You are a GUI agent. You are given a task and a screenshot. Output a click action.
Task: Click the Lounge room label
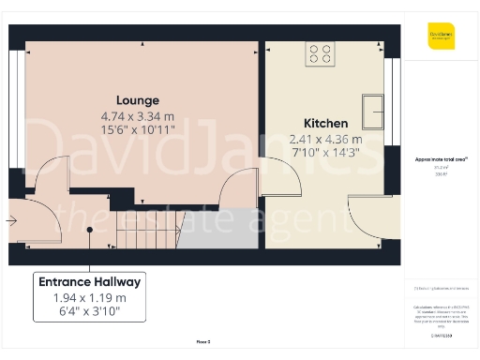(138, 100)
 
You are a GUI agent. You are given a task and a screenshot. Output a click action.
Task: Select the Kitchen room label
(326, 124)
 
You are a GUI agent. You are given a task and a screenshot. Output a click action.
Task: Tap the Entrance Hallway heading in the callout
(89, 281)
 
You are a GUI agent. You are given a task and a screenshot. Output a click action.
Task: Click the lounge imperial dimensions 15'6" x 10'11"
(138, 130)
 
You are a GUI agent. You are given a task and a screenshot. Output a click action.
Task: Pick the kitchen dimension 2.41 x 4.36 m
(326, 140)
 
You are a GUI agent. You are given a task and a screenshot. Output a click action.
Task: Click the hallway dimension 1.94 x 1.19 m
(89, 297)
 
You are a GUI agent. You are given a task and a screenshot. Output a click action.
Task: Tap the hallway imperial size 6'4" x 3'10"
(89, 312)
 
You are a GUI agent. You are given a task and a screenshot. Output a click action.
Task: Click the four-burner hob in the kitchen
(320, 54)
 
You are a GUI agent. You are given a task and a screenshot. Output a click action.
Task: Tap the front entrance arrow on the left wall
(11, 221)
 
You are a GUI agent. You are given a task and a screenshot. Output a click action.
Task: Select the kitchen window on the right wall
(395, 92)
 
